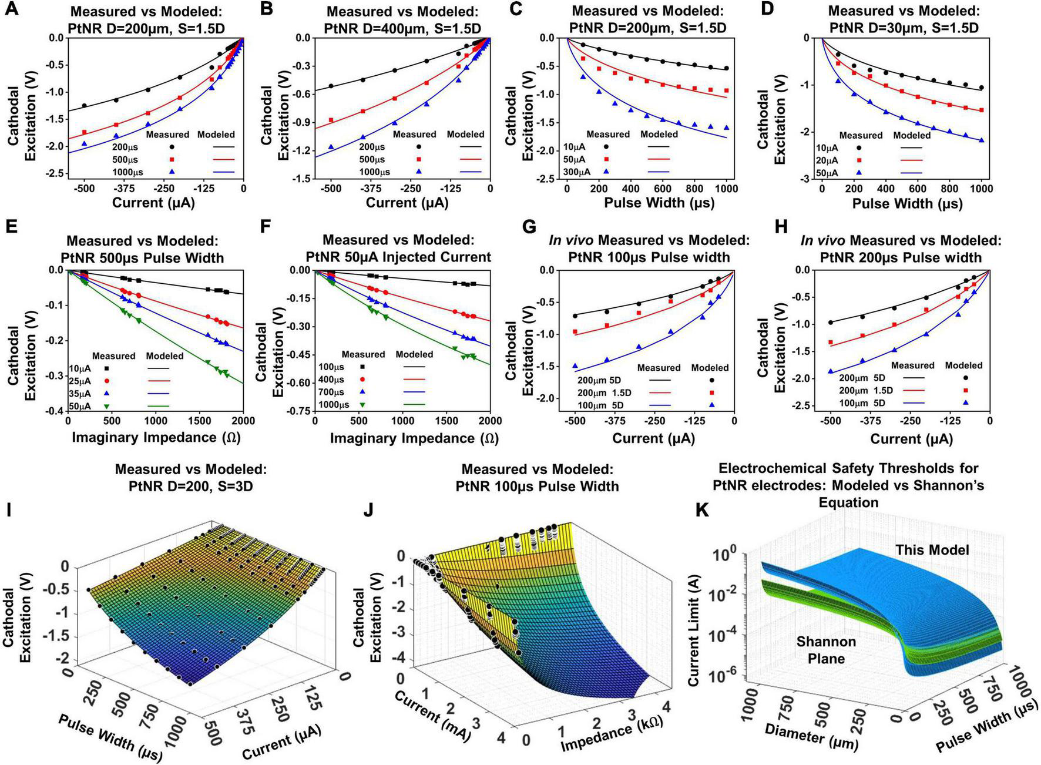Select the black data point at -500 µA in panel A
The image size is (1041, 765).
click(85, 106)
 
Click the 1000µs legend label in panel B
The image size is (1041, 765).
click(375, 172)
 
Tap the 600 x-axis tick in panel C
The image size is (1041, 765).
click(663, 189)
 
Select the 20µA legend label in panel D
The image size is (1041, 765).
click(827, 160)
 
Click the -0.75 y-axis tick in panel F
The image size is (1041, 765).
click(298, 411)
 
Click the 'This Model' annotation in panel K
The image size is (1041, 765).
click(932, 550)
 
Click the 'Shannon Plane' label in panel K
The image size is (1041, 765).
click(827, 650)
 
